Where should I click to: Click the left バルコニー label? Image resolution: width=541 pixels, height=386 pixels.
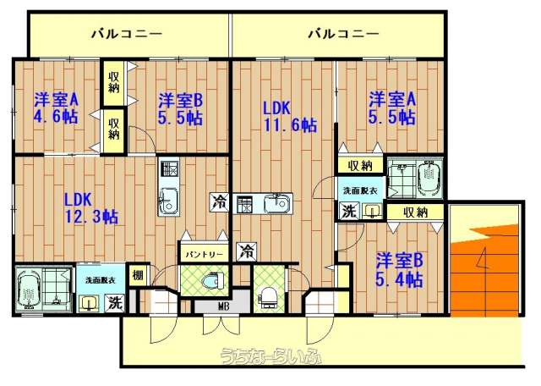(x=127, y=34)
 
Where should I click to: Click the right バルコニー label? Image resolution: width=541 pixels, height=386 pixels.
(x=344, y=34)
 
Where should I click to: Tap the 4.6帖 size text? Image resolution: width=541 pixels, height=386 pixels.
(x=55, y=117)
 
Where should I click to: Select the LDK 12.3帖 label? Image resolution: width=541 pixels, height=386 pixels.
(x=92, y=208)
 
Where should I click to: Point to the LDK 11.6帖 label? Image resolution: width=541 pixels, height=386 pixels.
(x=290, y=117)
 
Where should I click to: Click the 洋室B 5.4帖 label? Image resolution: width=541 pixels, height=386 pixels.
(x=399, y=270)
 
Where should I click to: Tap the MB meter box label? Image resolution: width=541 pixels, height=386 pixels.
(x=221, y=306)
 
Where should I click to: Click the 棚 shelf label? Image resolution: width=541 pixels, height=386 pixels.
(x=138, y=275)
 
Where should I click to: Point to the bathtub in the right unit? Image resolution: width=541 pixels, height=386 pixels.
(x=429, y=179)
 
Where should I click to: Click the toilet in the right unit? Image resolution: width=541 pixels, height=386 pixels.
(x=268, y=297)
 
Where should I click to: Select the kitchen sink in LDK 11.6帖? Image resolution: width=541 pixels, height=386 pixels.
(x=278, y=203)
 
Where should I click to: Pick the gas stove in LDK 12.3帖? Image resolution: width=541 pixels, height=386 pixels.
(x=169, y=168)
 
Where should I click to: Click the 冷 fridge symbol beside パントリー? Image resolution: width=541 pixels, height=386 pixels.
(x=247, y=251)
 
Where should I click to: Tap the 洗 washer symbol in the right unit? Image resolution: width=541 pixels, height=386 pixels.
(x=348, y=212)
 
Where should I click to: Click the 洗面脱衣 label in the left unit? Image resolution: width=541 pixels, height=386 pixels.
(x=101, y=280)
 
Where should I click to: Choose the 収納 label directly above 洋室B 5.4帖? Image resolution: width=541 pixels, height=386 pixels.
(x=416, y=212)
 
